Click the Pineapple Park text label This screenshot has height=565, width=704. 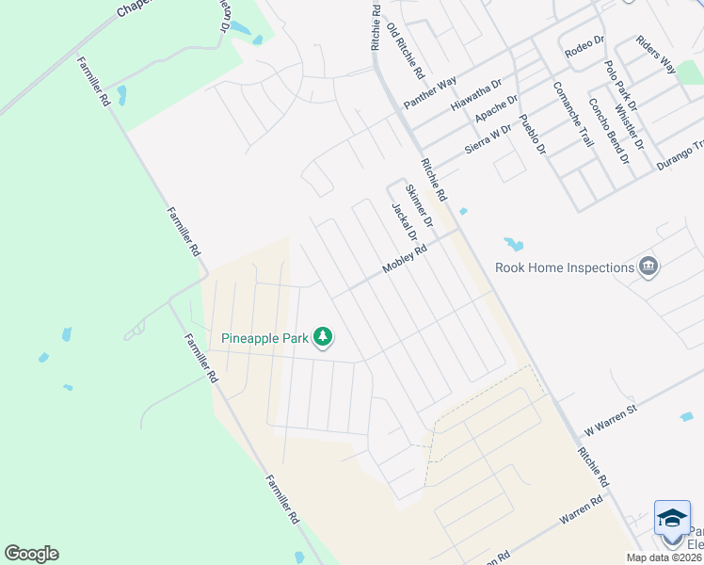(x=266, y=338)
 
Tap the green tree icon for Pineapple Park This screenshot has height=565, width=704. (x=323, y=336)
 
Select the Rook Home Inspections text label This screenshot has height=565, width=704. (x=565, y=267)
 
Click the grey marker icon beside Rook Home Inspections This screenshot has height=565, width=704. (x=648, y=267)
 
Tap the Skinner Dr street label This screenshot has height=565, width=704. (x=419, y=206)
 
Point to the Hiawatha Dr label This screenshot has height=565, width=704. (x=477, y=93)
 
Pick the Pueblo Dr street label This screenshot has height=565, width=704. (x=533, y=133)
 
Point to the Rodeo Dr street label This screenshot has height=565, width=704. (x=583, y=50)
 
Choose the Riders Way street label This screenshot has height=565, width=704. (x=656, y=55)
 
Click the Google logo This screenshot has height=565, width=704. (x=31, y=554)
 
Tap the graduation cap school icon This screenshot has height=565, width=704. (x=672, y=519)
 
